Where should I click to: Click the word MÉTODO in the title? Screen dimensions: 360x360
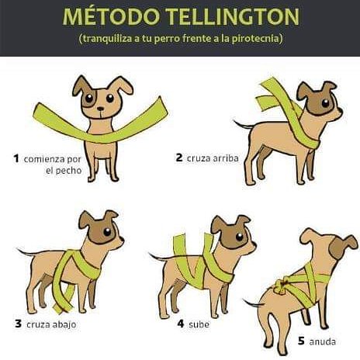111,16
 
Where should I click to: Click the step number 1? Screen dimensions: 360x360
16,158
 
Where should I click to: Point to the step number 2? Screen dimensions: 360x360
179,157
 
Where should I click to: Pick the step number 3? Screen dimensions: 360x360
18,324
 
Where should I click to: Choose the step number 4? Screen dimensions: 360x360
181,324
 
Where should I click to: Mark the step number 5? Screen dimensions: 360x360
301,341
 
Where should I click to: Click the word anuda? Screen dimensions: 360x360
323,342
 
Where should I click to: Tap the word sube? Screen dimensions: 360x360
199,324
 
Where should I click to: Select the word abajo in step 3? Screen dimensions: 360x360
64,324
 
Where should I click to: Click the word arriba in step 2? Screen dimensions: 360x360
226,158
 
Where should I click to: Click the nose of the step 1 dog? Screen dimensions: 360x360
101,109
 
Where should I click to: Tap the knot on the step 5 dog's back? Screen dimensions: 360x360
282,285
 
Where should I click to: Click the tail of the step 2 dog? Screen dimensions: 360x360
244,125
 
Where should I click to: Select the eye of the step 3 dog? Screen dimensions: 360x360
107,232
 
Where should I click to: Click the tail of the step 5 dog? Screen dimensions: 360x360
254,303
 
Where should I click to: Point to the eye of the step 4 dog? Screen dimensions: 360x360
240,237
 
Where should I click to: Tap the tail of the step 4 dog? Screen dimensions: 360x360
158,257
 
